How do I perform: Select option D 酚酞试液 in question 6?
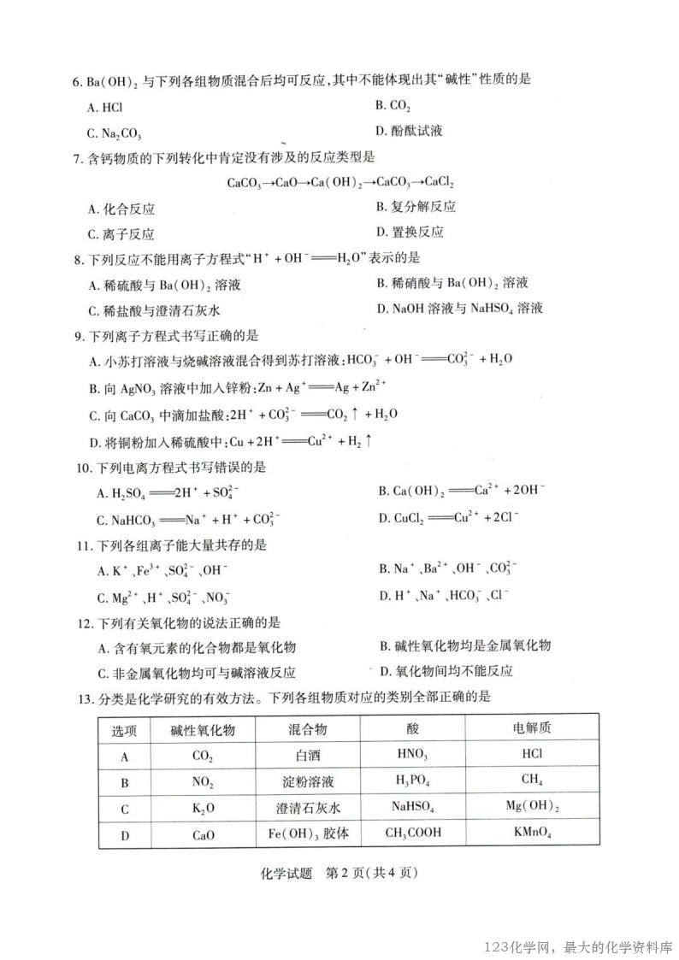point(409,132)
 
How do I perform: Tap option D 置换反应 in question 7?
point(410,232)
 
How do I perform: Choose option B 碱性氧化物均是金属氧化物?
point(464,645)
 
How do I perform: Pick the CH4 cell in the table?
point(531,780)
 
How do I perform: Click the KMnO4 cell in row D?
point(531,833)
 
